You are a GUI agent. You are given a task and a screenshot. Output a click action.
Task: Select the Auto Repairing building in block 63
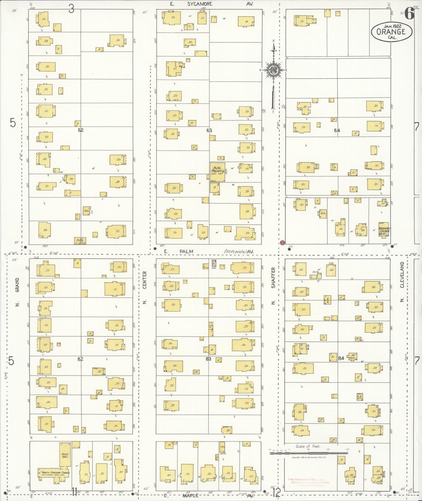click(217, 172)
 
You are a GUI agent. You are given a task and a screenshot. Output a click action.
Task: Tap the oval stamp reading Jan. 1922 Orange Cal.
click(391, 31)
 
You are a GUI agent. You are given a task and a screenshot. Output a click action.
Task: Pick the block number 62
click(81, 130)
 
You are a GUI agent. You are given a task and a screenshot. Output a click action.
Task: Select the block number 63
click(209, 130)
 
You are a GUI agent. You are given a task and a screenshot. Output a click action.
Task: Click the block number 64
click(337, 130)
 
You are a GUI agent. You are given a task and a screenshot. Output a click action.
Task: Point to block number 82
click(80, 359)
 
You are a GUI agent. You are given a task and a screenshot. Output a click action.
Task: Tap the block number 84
click(341, 358)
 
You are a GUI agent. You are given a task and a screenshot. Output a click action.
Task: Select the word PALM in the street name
click(186, 251)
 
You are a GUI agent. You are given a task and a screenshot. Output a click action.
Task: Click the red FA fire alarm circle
click(282, 243)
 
